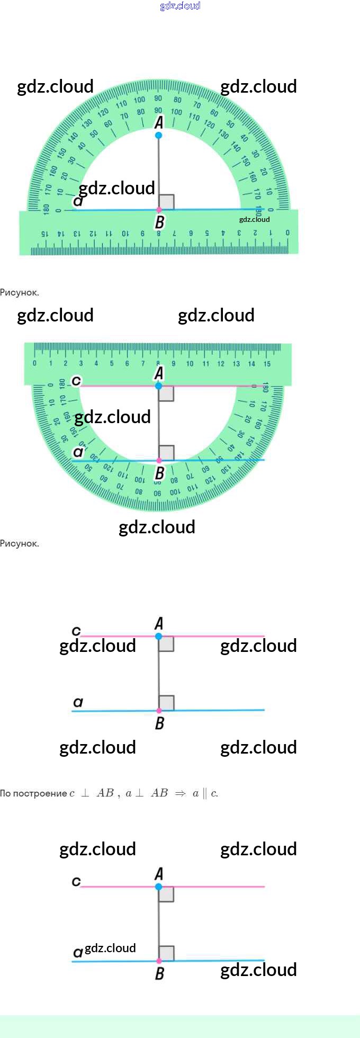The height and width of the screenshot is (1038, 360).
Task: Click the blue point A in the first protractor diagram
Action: pos(158,136)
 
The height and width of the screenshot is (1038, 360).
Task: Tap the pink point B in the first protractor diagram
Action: pos(159,210)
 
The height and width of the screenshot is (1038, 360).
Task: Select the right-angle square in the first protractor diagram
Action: pos(166,202)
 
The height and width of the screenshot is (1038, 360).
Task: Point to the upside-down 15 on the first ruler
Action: pos(44,234)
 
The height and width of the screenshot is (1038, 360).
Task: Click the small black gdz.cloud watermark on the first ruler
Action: pos(254,219)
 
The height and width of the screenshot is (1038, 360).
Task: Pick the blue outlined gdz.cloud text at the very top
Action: pos(180,6)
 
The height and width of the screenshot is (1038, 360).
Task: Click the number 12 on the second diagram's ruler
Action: pos(221,364)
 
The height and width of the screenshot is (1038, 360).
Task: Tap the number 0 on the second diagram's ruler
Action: pos(35,364)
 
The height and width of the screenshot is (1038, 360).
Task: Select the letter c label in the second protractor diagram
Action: pos(76,380)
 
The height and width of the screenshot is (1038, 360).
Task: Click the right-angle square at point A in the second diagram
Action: pos(166,393)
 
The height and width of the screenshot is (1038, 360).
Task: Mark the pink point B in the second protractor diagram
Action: pos(159,461)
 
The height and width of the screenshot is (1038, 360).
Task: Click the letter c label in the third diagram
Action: pos(76,630)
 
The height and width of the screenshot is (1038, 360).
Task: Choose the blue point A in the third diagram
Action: pos(159,636)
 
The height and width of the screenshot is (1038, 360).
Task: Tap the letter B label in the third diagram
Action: pos(159,723)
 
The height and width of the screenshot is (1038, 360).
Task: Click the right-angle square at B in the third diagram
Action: pos(166,703)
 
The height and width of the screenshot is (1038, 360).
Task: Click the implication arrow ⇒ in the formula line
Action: pos(181,793)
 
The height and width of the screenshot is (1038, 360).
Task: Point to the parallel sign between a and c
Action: pos(205,793)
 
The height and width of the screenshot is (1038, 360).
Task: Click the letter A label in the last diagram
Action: pos(158,874)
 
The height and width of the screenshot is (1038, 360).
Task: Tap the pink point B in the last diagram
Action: pos(159,961)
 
